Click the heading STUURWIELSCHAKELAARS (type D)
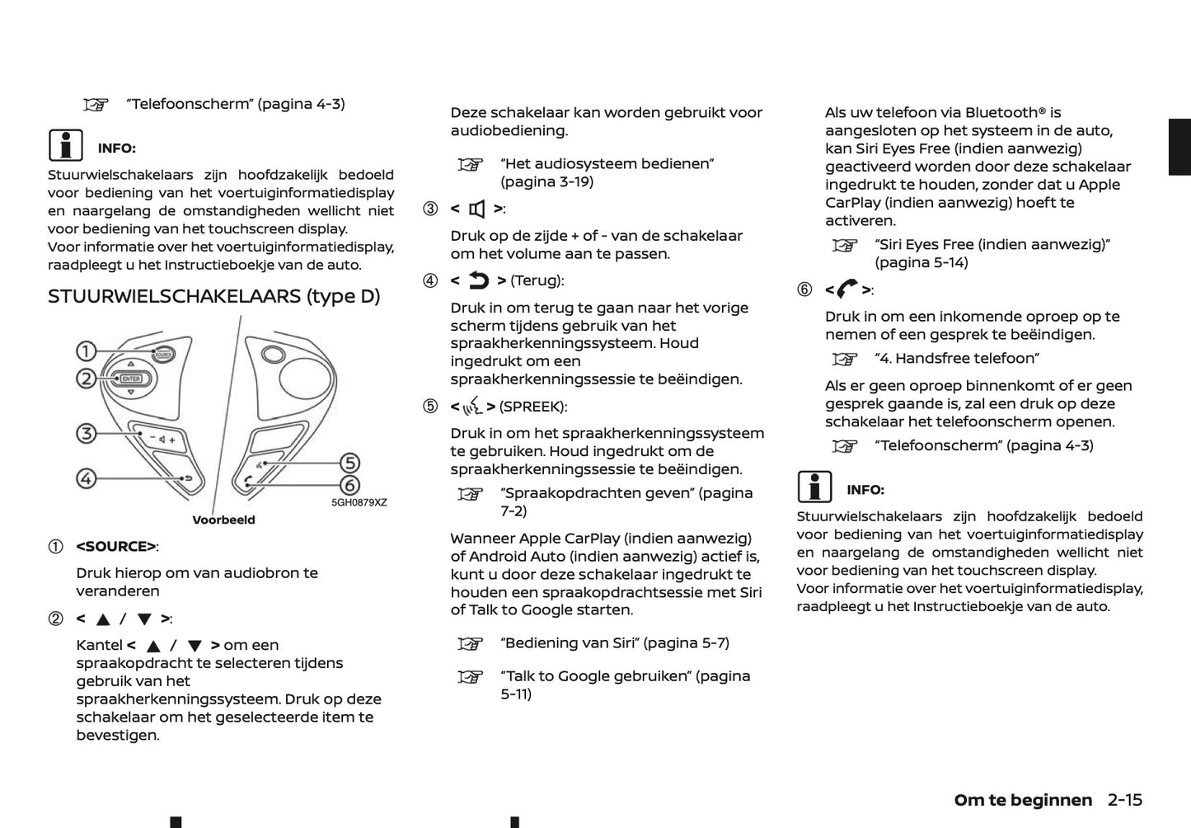(x=214, y=296)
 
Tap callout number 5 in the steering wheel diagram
(x=350, y=463)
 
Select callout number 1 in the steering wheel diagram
(x=86, y=352)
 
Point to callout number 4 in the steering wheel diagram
(x=86, y=478)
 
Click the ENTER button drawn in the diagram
(x=131, y=379)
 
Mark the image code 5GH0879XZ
(x=359, y=502)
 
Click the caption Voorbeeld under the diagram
(x=223, y=520)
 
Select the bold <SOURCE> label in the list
(x=116, y=547)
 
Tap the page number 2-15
(x=1125, y=799)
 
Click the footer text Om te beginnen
(x=1023, y=799)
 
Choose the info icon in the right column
(x=814, y=487)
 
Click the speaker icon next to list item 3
(x=477, y=209)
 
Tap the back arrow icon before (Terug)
(x=479, y=281)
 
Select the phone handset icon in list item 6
(x=846, y=289)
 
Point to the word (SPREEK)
(x=532, y=407)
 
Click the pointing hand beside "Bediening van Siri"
(x=469, y=643)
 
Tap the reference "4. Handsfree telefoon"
(x=956, y=358)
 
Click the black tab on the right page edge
(x=1179, y=147)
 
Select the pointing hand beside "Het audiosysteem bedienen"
(x=469, y=164)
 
